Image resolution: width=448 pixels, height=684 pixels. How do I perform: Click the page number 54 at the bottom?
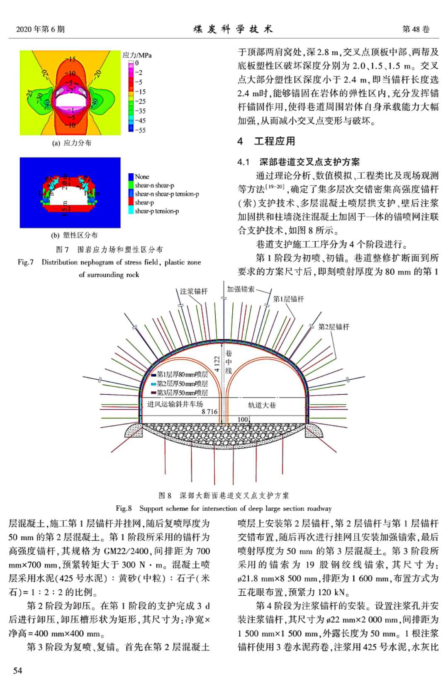click(x=17, y=670)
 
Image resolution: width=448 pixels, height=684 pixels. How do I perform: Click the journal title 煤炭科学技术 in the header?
click(x=233, y=29)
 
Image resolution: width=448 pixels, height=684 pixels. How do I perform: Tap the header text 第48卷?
click(x=416, y=29)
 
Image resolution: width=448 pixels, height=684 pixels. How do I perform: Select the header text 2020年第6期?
click(x=40, y=29)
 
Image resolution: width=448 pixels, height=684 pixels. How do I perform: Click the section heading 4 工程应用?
click(x=266, y=141)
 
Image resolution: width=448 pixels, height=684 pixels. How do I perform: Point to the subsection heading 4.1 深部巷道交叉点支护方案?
click(x=299, y=162)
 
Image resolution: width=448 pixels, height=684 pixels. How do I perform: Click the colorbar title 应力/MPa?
click(x=137, y=55)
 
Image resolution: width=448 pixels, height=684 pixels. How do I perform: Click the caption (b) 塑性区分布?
click(x=74, y=235)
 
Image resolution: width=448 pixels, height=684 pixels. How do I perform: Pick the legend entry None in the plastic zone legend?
click(x=142, y=177)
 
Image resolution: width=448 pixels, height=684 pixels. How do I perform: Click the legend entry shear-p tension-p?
click(x=156, y=211)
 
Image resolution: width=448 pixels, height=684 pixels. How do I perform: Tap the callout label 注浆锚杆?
click(x=194, y=291)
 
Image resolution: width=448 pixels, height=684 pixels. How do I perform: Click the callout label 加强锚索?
click(x=241, y=289)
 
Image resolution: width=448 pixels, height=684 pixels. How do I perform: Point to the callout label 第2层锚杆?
click(x=334, y=327)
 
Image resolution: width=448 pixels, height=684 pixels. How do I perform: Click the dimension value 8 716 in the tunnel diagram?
click(x=209, y=412)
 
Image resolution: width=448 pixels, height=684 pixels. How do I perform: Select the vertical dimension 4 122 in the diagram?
click(x=217, y=364)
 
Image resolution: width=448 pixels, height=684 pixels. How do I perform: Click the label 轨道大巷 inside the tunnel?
click(x=262, y=405)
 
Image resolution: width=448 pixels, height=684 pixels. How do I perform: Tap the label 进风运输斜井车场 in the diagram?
click(x=175, y=404)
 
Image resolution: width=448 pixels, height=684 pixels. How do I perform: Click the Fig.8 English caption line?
click(x=224, y=508)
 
